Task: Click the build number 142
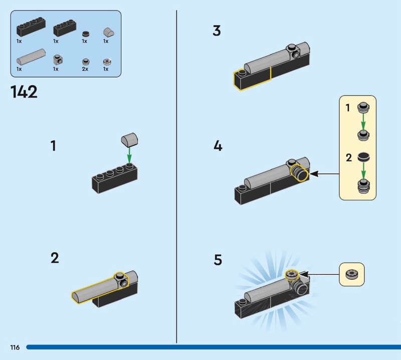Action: coord(24,92)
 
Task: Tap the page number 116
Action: coord(14,347)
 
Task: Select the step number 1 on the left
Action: coord(53,146)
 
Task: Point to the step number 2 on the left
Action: coord(55,258)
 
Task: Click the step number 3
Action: coord(217,31)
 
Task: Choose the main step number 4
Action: coord(218,146)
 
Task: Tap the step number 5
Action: coord(218,260)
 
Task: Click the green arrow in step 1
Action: coord(129,152)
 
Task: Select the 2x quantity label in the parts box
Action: coord(85,69)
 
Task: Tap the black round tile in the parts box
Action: coord(85,33)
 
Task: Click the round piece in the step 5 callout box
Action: coord(351,274)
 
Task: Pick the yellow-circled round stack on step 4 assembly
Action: coord(300,173)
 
